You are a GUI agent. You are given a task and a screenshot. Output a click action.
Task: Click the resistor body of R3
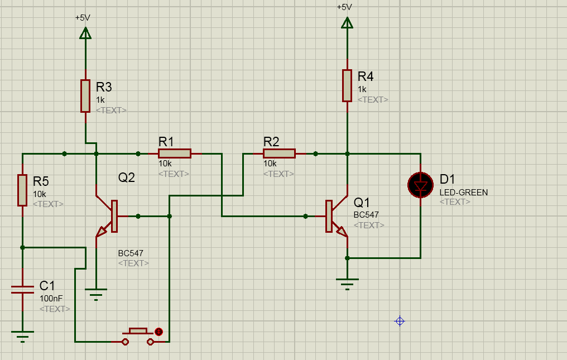pos(85,96)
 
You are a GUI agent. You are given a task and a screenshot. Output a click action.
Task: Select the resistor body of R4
pos(347,86)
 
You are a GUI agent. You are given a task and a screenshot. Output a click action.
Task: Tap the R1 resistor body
pos(175,153)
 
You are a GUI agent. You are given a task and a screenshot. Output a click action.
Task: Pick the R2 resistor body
pos(279,153)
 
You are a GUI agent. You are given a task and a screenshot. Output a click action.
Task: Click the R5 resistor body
pos(22,190)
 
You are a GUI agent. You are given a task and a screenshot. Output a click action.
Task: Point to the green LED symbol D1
pos(420,185)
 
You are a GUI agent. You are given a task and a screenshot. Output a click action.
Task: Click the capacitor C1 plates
pos(22,290)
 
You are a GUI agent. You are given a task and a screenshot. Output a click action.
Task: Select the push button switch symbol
pos(138,337)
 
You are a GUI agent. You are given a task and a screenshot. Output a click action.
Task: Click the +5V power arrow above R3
pos(85,33)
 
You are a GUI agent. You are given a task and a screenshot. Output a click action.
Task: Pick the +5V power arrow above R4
pos(347,23)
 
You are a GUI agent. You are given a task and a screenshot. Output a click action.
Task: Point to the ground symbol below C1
pos(22,337)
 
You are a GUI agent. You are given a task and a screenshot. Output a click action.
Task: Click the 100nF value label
pos(51,299)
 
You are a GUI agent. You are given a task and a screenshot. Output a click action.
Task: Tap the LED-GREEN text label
pos(464,193)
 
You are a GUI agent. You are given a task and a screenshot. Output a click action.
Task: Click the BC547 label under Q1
pos(366,214)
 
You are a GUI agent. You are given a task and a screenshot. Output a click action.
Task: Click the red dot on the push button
pos(158,332)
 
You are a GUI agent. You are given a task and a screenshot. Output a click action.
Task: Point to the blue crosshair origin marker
pos(400,321)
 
